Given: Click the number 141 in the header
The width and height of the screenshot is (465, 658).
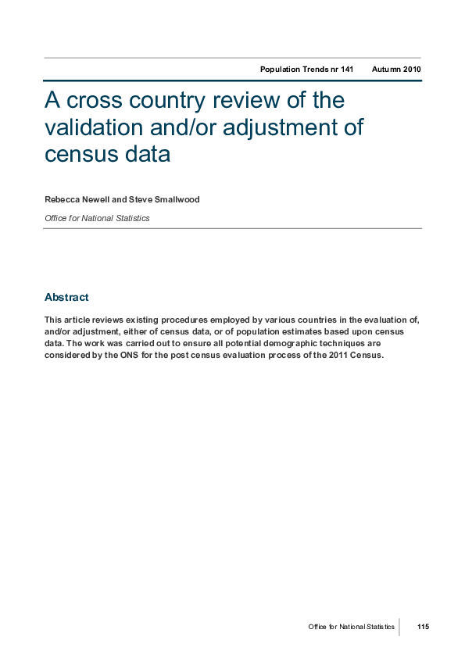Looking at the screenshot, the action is (346, 70).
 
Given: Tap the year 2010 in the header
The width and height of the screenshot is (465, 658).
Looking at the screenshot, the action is (412, 70).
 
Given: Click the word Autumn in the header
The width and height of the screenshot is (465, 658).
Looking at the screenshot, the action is (386, 70).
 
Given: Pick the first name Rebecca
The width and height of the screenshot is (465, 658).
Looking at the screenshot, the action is (62, 200).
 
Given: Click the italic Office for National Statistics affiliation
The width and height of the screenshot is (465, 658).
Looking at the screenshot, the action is (97, 218).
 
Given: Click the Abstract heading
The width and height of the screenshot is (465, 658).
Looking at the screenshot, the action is (66, 297).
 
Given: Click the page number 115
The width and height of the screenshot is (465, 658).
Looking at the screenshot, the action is (423, 627).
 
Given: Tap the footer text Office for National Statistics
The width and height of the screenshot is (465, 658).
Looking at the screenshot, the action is (351, 627).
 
